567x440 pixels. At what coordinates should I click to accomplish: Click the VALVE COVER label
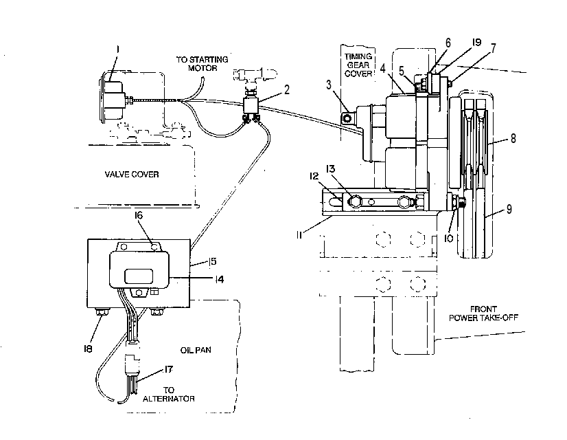coord(132,174)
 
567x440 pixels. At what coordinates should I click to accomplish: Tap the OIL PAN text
coord(196,350)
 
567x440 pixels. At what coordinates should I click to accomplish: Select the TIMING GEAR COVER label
coord(358,65)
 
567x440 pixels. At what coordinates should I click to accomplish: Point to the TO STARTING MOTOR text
coord(202,63)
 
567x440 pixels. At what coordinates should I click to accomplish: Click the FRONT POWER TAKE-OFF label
coord(483,313)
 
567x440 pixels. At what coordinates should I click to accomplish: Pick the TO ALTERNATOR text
coord(168,395)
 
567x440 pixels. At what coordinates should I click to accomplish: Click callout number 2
coord(287,89)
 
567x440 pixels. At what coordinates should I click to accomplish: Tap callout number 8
coord(513,138)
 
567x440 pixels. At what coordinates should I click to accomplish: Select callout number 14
coord(219,279)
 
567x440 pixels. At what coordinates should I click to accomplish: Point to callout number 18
coord(88,349)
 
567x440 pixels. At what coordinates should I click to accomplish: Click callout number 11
coord(299,235)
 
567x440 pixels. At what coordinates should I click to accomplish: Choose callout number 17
coord(168,369)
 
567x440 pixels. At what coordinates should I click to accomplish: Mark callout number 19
coord(476,43)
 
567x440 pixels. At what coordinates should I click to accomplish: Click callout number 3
coord(328,85)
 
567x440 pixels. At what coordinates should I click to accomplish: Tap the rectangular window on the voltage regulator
coord(139,276)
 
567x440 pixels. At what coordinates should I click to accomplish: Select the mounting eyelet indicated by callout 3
coord(347,118)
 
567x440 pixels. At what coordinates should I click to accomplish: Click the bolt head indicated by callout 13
coord(355,201)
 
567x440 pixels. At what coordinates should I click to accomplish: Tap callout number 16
coord(139,215)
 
